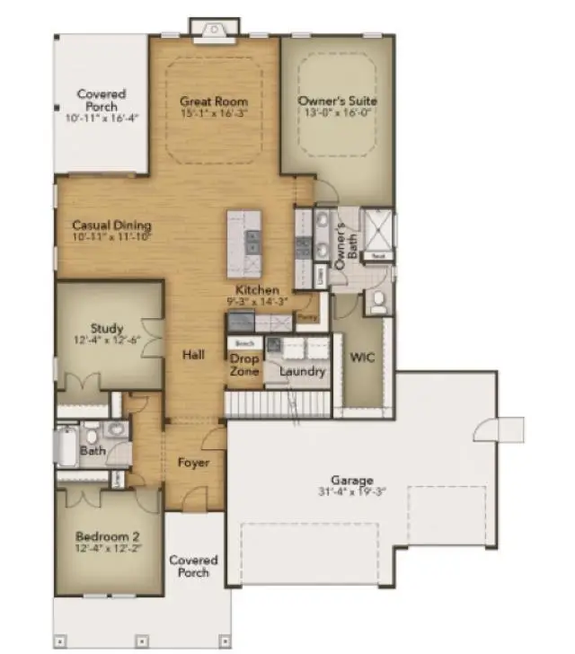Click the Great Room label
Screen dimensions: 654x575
(213, 101)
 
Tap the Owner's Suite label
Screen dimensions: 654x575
(338, 101)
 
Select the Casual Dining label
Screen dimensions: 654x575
(111, 225)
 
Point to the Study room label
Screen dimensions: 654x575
(107, 328)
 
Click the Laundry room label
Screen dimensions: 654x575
(302, 371)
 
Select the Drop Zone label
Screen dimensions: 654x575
(243, 366)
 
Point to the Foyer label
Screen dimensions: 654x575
(193, 463)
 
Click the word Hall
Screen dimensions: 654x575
(193, 354)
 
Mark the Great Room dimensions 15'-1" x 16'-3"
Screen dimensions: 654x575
(213, 113)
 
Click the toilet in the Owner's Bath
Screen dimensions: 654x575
(377, 303)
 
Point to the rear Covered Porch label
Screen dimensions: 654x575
(102, 100)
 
